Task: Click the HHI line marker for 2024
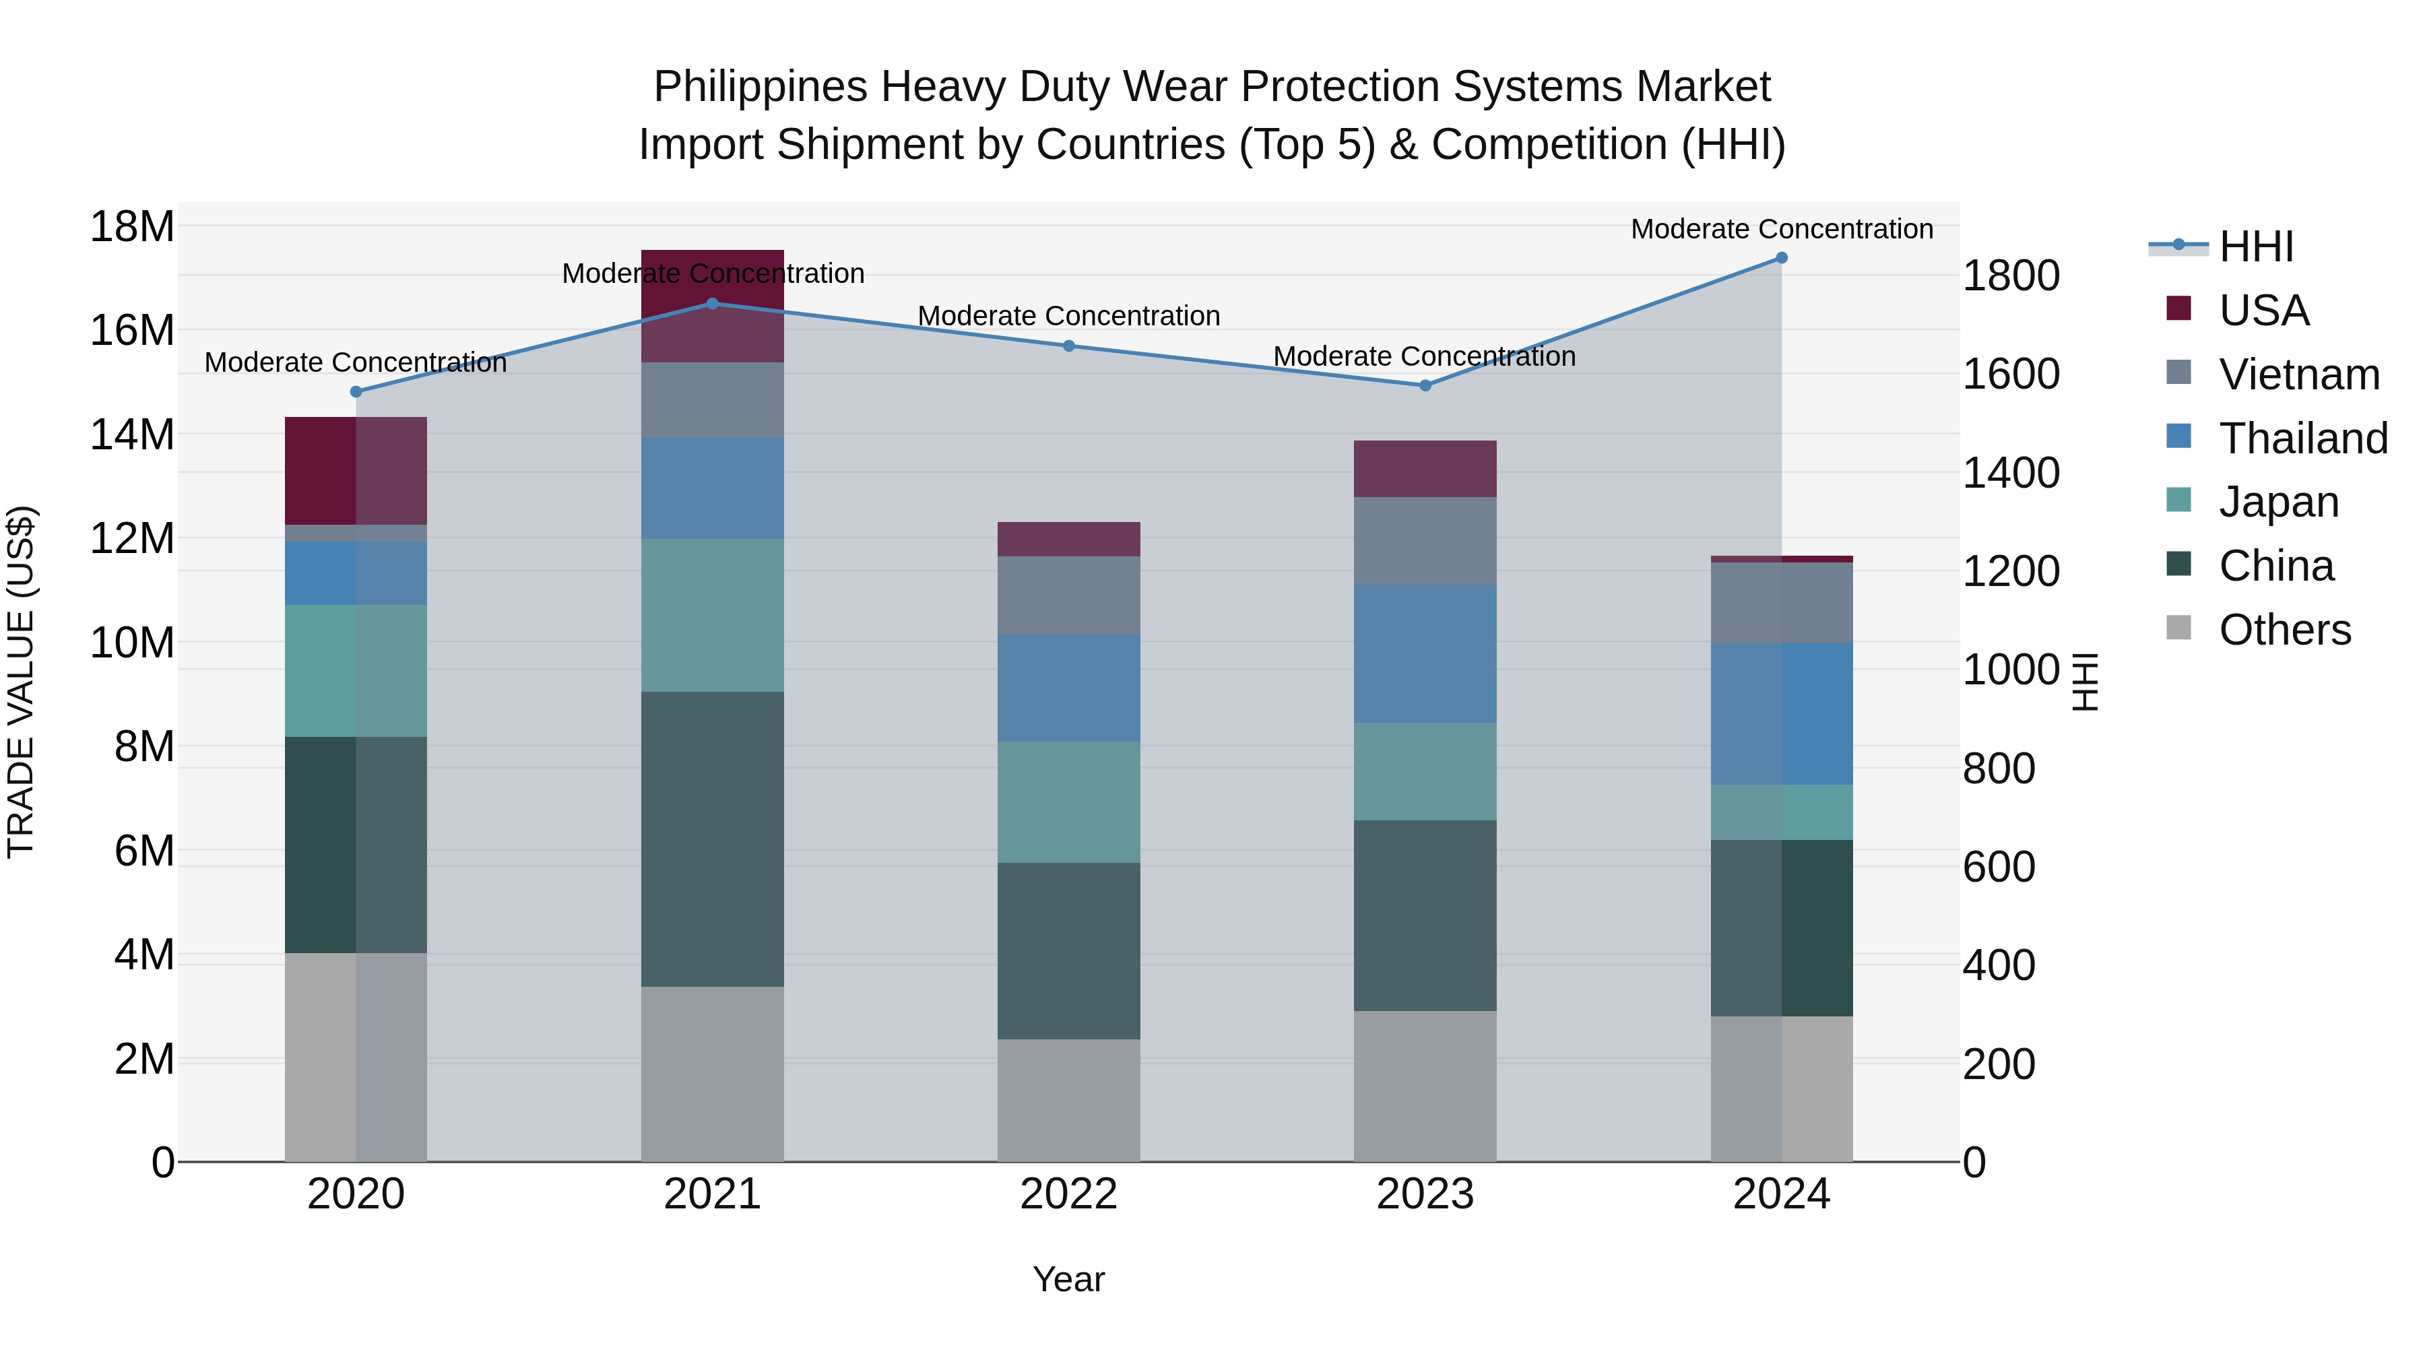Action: (1781, 258)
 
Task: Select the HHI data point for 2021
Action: (713, 303)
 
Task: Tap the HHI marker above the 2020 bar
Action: (356, 391)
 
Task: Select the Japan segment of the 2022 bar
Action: (1068, 802)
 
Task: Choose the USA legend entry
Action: (2263, 311)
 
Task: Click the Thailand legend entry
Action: (2302, 439)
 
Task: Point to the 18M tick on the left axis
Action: (132, 227)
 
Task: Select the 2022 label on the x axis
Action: (1068, 1194)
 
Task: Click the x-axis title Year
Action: (1068, 1279)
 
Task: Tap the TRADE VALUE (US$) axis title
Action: (21, 682)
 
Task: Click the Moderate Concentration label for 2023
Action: (1424, 357)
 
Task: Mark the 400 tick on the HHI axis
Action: (1999, 966)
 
